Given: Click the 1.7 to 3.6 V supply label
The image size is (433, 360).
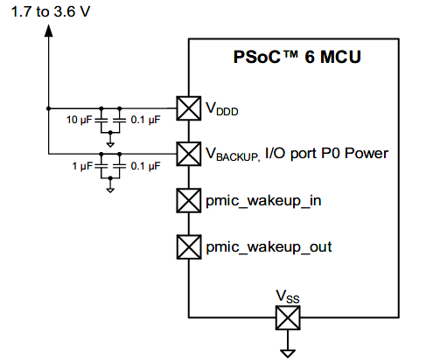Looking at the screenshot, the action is (51, 12).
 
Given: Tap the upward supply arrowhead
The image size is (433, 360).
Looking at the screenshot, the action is (49, 31).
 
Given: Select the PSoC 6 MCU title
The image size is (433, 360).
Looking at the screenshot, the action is (297, 57).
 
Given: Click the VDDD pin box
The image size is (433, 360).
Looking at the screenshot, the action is (189, 108).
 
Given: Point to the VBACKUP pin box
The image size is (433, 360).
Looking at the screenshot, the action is (189, 154).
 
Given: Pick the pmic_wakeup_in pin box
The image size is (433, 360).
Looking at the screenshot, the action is (189, 200).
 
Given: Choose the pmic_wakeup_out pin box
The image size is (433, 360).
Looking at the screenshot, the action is (189, 247).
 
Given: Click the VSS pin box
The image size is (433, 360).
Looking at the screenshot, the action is (288, 317).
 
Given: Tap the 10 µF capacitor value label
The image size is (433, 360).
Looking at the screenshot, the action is (80, 120).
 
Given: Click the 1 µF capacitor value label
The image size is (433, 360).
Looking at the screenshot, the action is (82, 166).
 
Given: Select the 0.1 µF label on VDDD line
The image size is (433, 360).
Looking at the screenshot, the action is (145, 120).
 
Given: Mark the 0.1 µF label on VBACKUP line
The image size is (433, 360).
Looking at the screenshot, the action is (145, 166).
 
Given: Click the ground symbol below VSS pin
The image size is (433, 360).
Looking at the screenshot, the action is (288, 353).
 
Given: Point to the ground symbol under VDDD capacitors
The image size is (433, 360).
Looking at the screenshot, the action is (110, 144).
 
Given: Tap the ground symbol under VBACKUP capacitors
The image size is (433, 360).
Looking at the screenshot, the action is (110, 190).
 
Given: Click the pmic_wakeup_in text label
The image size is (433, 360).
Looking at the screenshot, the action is (263, 201).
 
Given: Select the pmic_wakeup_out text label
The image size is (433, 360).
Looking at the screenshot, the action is (269, 247).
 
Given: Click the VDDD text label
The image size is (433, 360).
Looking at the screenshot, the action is (222, 109).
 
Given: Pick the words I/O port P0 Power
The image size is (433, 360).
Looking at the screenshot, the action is (326, 153).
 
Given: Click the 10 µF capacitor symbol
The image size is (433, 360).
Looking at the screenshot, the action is (101, 120).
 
